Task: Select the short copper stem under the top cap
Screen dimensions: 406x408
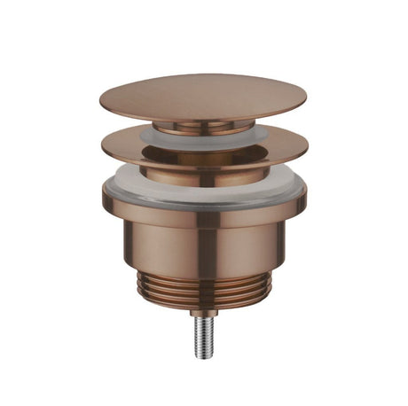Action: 202,127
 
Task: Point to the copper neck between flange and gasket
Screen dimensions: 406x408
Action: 204,174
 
